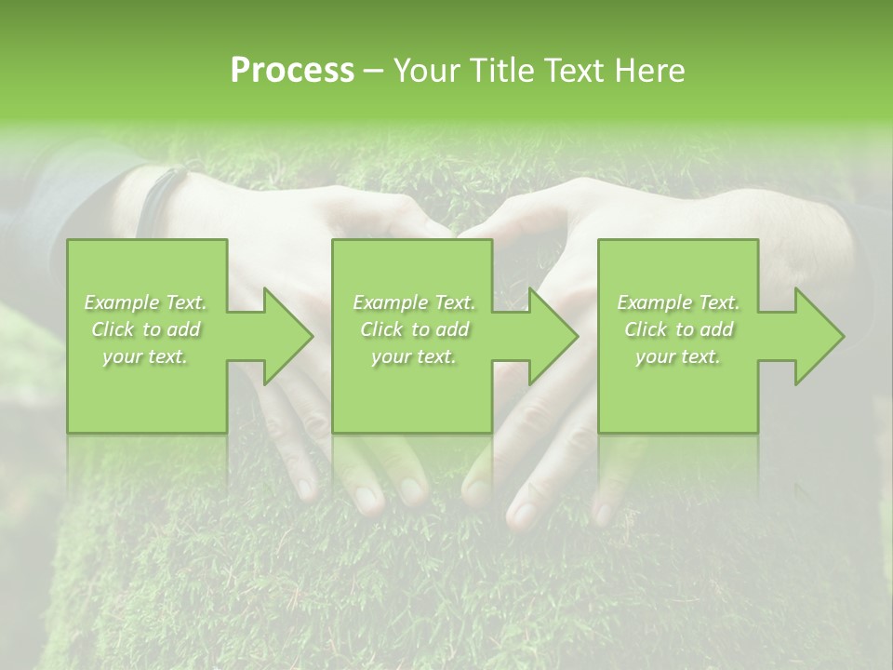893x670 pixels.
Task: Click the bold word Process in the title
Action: tap(292, 71)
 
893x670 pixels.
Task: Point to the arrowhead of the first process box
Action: tap(285, 336)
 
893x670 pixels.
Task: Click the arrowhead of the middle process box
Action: tap(550, 336)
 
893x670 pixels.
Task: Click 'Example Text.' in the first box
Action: tap(146, 302)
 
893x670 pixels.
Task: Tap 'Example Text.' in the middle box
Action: tap(414, 302)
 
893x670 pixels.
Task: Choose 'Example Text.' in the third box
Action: tap(678, 302)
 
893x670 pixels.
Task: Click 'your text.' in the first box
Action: tap(145, 356)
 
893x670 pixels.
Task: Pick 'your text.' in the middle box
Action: tap(414, 356)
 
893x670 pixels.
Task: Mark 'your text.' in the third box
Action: tap(678, 356)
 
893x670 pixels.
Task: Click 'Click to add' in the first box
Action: tap(146, 329)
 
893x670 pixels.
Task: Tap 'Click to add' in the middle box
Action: tap(414, 329)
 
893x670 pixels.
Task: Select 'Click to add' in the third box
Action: tap(678, 329)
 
